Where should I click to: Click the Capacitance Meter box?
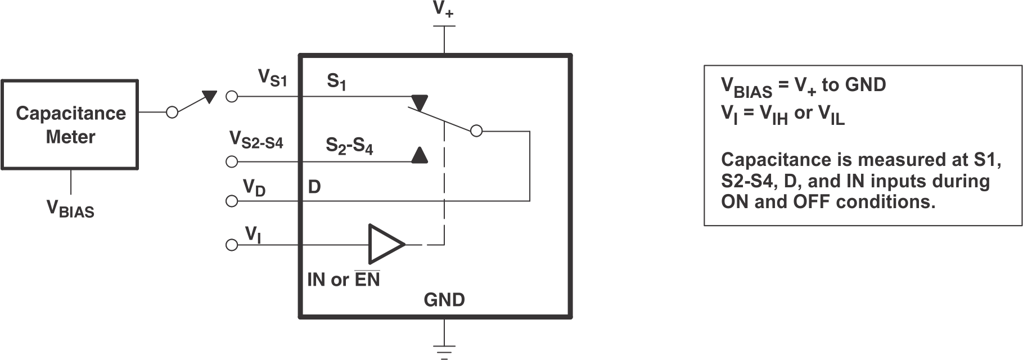tap(70, 124)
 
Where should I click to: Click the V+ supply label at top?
tap(443, 10)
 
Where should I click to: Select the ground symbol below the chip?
tap(444, 350)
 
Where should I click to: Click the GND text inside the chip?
tap(444, 300)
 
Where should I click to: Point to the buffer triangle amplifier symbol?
tap(385, 244)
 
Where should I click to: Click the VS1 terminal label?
tap(272, 78)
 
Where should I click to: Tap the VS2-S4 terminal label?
tap(256, 139)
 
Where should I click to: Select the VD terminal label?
tap(254, 187)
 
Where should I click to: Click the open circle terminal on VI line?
tap(231, 245)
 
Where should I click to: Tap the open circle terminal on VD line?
tap(231, 201)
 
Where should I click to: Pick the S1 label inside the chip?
tap(336, 82)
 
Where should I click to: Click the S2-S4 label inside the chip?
tap(349, 146)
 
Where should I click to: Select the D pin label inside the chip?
tap(314, 187)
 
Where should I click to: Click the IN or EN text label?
tap(343, 280)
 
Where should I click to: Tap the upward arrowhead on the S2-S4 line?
tap(419, 155)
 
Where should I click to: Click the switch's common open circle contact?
tap(476, 131)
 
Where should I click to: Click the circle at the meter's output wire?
tap(172, 112)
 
